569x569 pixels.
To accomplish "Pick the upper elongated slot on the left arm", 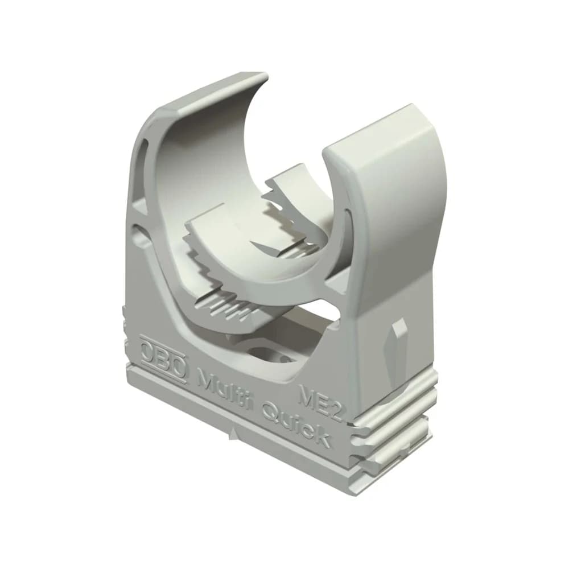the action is [x=143, y=163].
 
